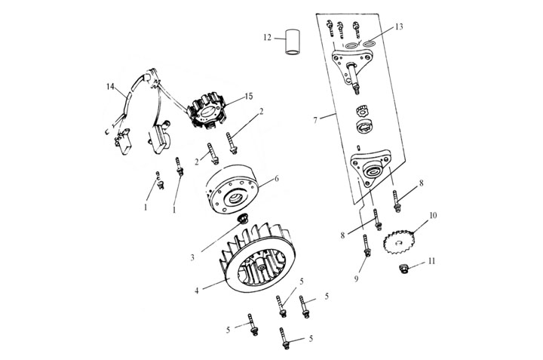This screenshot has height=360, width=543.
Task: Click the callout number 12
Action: [x=268, y=37]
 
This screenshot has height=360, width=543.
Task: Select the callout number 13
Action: [x=398, y=26]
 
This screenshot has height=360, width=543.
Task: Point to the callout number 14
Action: [x=110, y=88]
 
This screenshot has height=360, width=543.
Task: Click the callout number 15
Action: [x=250, y=97]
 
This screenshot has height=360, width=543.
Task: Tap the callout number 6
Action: [x=276, y=179]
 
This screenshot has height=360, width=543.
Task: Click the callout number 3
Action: [x=192, y=257]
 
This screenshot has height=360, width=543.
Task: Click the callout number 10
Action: [x=433, y=216]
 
